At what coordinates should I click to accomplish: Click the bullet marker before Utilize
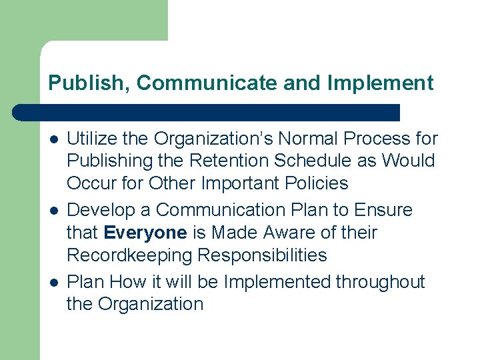pos(53,139)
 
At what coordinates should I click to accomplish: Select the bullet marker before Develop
pos(53,210)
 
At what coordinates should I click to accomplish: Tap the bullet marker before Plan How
pos(53,282)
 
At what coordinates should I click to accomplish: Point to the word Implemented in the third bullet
pos(277,282)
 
